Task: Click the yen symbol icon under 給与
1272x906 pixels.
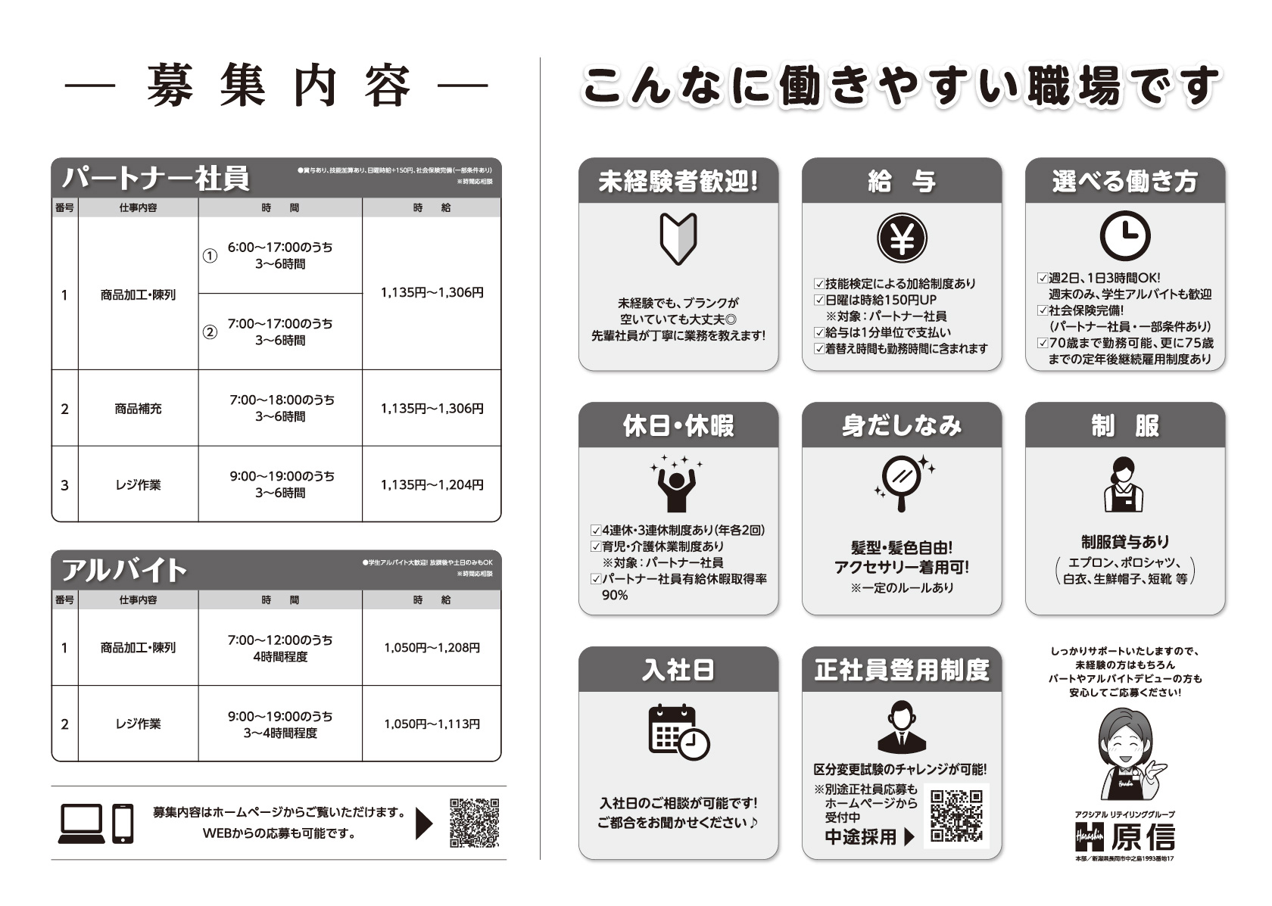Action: point(902,238)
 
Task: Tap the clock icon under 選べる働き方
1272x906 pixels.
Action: point(1125,236)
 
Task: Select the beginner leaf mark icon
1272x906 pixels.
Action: point(678,238)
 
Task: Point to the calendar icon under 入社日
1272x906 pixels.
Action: point(678,731)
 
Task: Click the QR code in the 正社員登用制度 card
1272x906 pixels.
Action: point(956,816)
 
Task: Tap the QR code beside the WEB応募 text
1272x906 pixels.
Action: point(475,823)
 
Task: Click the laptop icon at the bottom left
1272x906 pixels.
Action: point(81,823)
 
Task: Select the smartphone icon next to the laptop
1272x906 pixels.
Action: point(123,823)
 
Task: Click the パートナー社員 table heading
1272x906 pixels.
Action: point(156,179)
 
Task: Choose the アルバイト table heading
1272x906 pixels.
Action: point(124,570)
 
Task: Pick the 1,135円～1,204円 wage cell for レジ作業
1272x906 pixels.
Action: point(432,484)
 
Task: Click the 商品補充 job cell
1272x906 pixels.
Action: point(138,409)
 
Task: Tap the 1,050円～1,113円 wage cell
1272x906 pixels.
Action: point(432,724)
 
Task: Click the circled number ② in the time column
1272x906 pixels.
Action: point(210,332)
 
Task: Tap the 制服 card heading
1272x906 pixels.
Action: point(1125,426)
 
